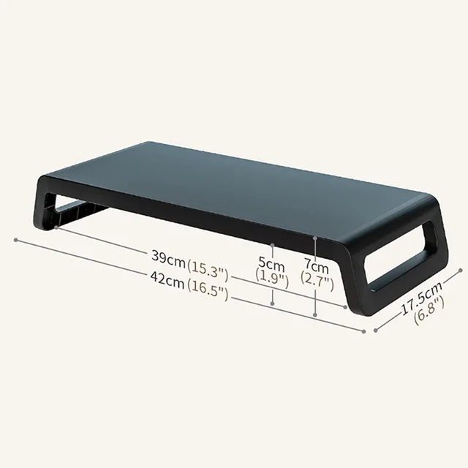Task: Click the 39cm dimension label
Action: [x=168, y=257]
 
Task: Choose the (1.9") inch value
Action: [x=271, y=278]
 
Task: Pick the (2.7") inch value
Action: [x=317, y=281]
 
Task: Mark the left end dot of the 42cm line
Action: [x=15, y=239]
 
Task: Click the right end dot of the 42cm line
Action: [x=363, y=331]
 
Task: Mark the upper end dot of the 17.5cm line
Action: [x=461, y=270]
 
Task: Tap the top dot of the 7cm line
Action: [x=315, y=237]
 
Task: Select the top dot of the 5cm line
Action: [x=272, y=246]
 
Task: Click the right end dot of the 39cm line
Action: [x=345, y=307]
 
